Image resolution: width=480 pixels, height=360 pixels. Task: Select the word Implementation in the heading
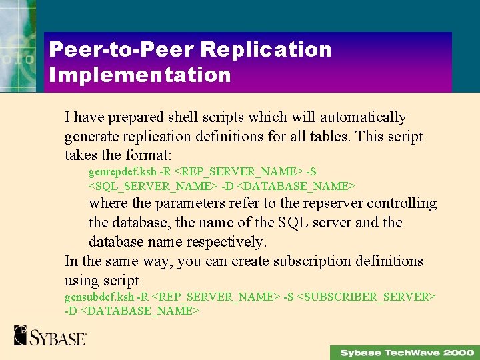click(x=139, y=74)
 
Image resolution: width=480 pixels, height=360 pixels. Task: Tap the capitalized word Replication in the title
click(x=266, y=49)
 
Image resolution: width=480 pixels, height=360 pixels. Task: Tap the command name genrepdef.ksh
click(x=123, y=171)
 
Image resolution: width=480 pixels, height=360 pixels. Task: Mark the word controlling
click(x=402, y=203)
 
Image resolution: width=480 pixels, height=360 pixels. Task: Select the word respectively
click(x=225, y=241)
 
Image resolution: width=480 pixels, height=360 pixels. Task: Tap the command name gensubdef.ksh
click(x=99, y=296)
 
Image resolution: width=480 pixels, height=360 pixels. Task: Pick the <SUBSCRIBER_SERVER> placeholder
click(x=366, y=296)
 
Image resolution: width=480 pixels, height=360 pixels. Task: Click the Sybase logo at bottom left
click(x=50, y=335)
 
